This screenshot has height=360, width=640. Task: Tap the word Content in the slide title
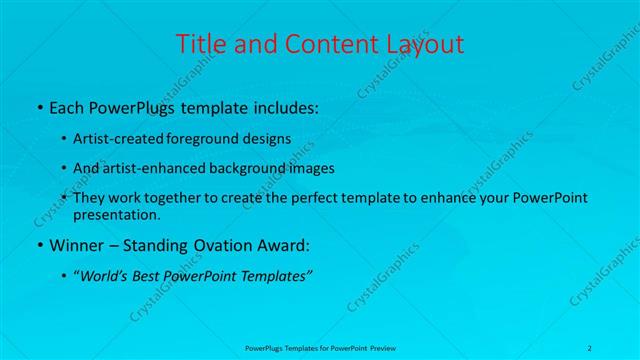point(322,44)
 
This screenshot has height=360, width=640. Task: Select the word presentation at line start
point(116,214)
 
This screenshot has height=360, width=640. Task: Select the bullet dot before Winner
point(38,245)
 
